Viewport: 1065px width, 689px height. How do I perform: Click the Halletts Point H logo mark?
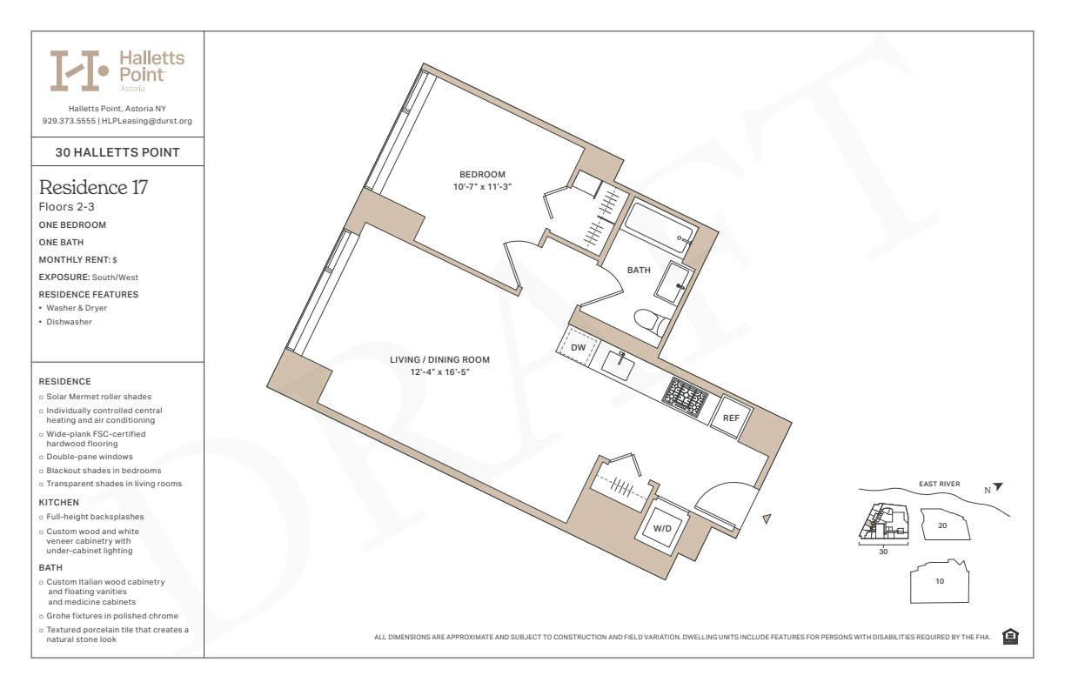pos(79,70)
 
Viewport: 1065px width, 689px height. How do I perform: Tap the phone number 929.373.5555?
pos(69,121)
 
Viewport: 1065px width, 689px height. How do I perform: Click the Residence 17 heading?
pos(93,187)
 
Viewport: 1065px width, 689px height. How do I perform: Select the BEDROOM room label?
pos(482,175)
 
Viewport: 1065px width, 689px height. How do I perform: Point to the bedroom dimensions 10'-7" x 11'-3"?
pos(482,187)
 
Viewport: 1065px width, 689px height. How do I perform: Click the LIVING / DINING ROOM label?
pos(439,360)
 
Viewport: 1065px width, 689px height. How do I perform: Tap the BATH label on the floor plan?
pos(639,270)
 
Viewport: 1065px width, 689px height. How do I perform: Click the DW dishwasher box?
pos(578,347)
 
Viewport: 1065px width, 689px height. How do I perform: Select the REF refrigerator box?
pos(731,418)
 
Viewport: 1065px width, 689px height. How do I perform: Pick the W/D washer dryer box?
pos(662,528)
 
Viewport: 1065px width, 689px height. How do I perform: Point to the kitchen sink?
pos(618,365)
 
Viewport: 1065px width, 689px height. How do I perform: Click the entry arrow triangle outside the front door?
pos(767,518)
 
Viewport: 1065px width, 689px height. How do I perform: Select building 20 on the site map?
pos(945,525)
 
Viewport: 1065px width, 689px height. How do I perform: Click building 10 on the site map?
pos(940,581)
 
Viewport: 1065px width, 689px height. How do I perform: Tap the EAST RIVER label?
pos(939,484)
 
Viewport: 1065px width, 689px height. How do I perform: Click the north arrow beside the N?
pos(998,486)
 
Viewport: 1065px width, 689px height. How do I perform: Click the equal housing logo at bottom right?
pos(1010,636)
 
